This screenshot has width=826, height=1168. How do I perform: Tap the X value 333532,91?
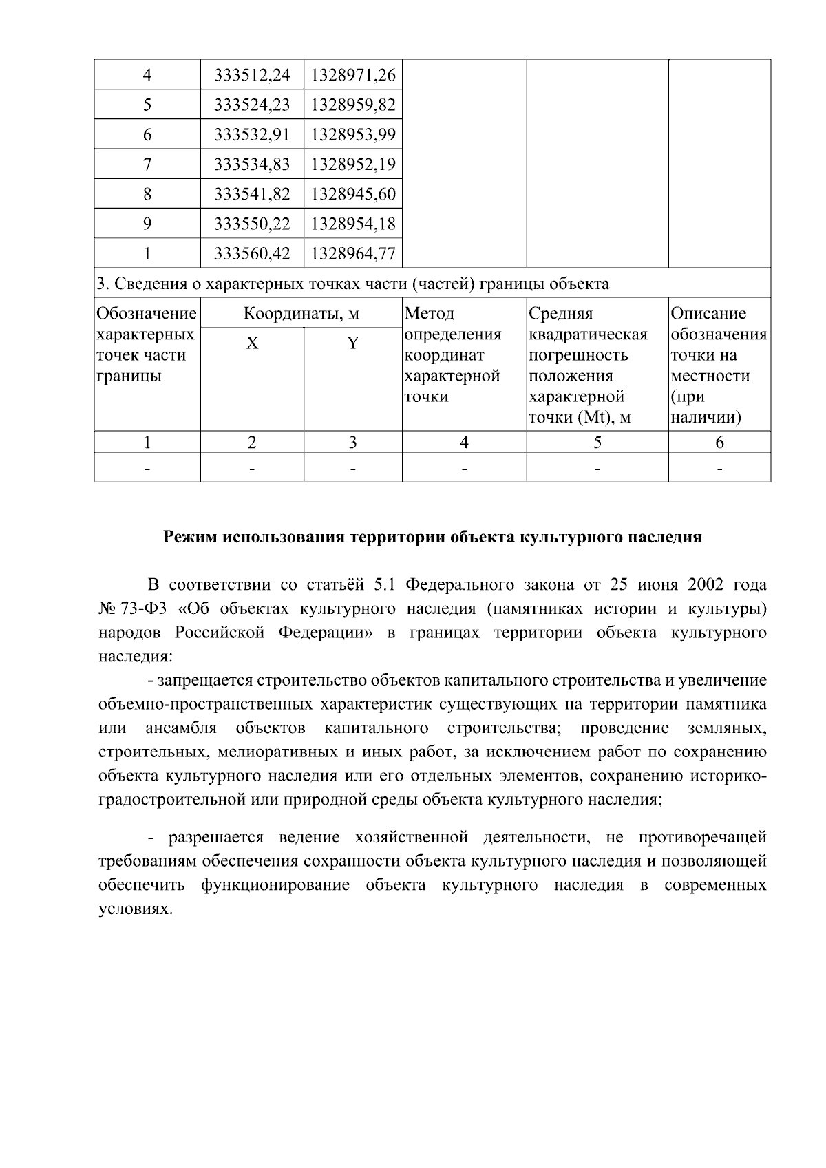pos(252,134)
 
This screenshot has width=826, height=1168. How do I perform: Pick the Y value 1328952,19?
pos(353,164)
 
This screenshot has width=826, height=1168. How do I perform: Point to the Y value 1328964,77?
pos(353,253)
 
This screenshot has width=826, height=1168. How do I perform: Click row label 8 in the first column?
pos(147,194)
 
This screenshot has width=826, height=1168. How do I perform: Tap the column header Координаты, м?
pos(301,314)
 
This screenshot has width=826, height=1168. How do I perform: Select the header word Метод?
pos(430,314)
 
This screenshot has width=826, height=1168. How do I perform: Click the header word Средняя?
pos(560,314)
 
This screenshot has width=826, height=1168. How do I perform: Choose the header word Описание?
pos(708,314)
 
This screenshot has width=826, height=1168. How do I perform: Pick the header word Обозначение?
pos(147,314)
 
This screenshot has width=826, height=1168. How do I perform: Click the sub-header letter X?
pos(252,343)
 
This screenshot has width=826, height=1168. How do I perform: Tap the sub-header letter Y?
pos(352,343)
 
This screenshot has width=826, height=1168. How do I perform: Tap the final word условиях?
pos(134,909)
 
